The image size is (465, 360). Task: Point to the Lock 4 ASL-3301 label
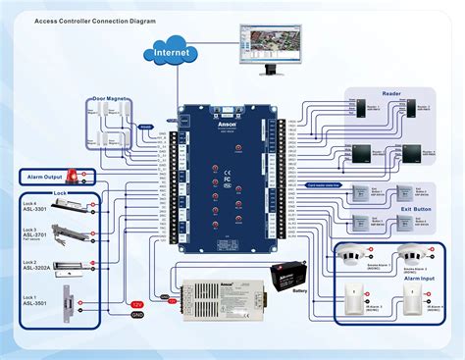33,208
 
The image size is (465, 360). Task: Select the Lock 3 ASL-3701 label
33,234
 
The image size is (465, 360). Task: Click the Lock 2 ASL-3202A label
34,266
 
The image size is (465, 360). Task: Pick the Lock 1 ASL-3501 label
33,301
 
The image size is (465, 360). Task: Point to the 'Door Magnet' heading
112,98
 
